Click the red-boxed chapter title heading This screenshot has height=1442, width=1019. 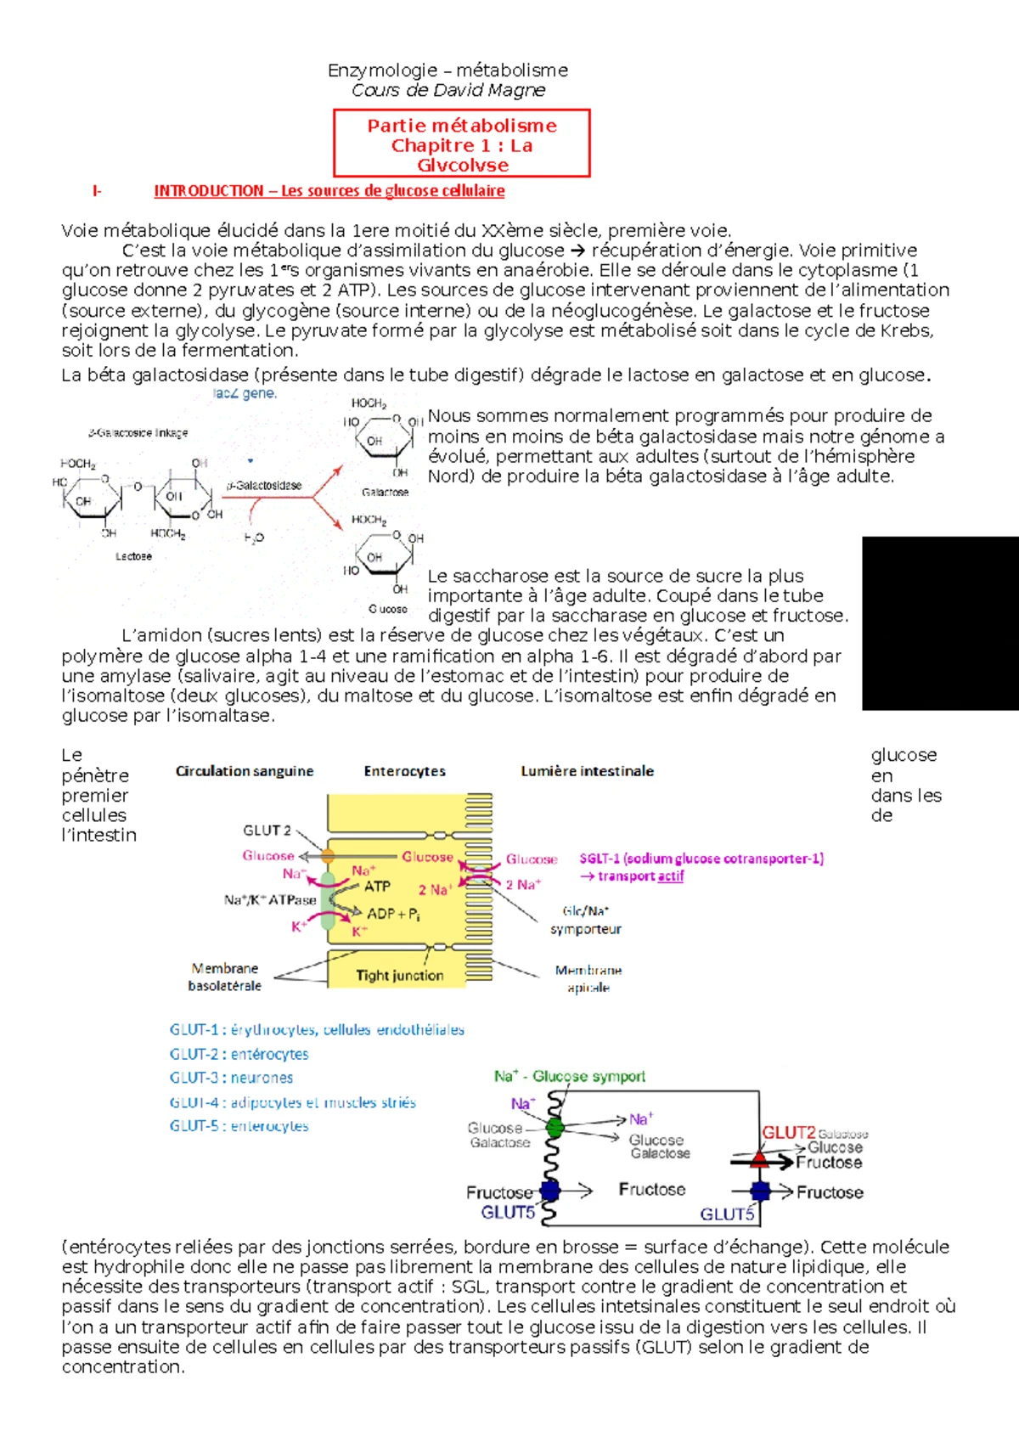coord(462,144)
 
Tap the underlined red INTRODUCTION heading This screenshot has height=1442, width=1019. coord(329,191)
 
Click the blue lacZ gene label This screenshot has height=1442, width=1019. coord(245,394)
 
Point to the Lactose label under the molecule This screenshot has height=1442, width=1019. coord(133,556)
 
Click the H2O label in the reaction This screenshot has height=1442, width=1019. coord(254,538)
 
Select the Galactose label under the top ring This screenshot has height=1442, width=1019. coord(385,493)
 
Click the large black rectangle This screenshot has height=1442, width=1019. coord(940,622)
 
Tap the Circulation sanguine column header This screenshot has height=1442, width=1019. coord(245,771)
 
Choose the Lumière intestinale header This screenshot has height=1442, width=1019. coord(587,771)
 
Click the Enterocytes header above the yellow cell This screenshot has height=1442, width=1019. coord(404,771)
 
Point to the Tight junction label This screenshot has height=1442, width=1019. coord(399,976)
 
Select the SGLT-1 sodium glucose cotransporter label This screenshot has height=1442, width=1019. coord(701,859)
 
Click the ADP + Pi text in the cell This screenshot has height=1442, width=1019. coord(393,915)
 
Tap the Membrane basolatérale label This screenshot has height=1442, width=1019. coord(225,977)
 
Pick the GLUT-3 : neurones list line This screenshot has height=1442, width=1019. coord(231,1078)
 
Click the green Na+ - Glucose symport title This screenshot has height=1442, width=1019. coord(570,1076)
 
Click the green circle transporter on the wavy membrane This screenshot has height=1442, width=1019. coord(555,1128)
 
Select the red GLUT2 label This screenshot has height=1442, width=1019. coord(788,1133)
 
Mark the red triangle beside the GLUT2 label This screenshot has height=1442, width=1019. coord(760,1158)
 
